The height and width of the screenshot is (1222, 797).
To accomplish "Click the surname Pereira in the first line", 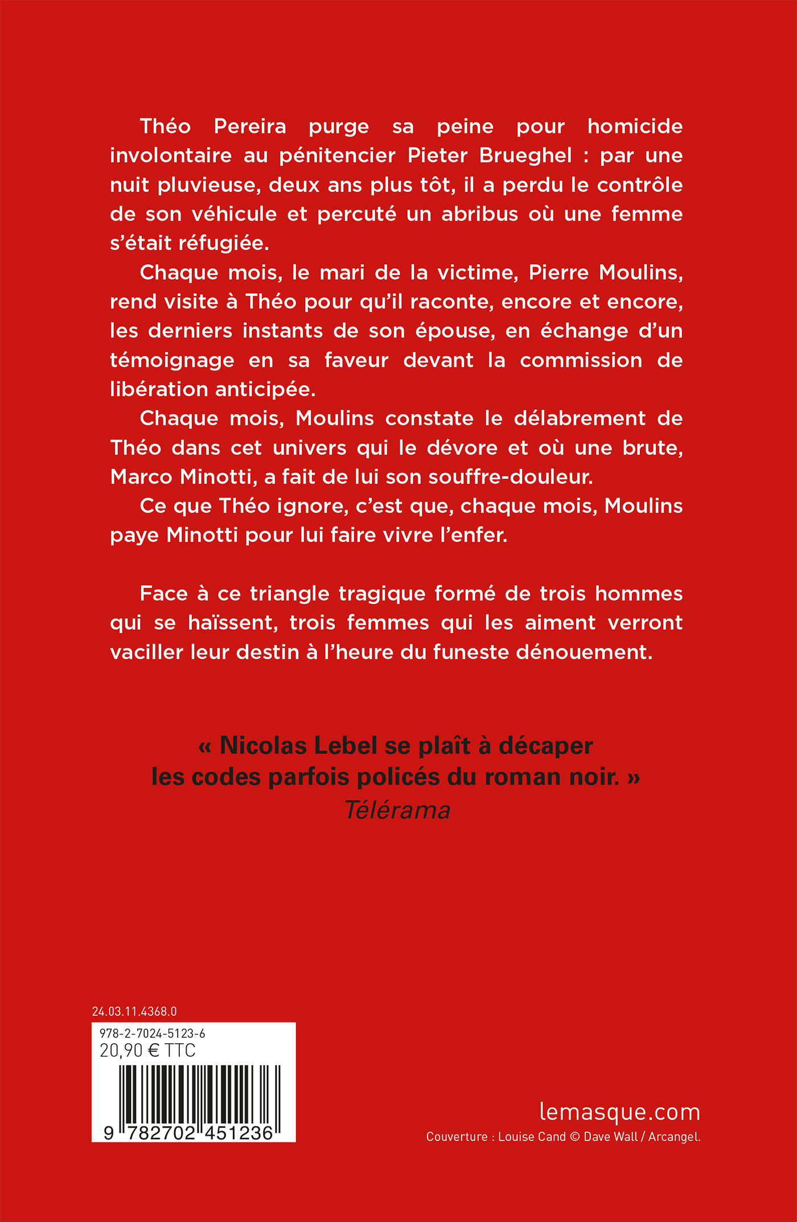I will click(x=250, y=126).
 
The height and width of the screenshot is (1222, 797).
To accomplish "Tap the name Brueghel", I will click(x=525, y=155).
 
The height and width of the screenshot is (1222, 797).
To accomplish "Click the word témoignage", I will click(x=172, y=360).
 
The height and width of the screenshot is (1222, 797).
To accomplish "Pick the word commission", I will click(x=581, y=360).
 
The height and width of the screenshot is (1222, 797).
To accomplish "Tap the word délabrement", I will click(x=580, y=419).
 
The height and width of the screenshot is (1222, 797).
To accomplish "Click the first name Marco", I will click(x=142, y=477).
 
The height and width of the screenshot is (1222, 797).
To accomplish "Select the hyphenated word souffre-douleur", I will click(x=510, y=477).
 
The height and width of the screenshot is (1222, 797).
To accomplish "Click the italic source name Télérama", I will click(x=397, y=810).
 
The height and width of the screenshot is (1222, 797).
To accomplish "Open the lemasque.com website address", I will click(x=619, y=1112).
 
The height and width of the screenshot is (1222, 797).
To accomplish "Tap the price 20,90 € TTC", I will click(x=147, y=1051).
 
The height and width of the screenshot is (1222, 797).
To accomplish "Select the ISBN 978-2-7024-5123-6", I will click(x=152, y=1034).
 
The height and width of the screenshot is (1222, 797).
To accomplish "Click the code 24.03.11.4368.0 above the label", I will click(x=134, y=1011).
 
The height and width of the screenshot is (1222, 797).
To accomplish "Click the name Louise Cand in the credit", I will click(x=532, y=1137).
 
